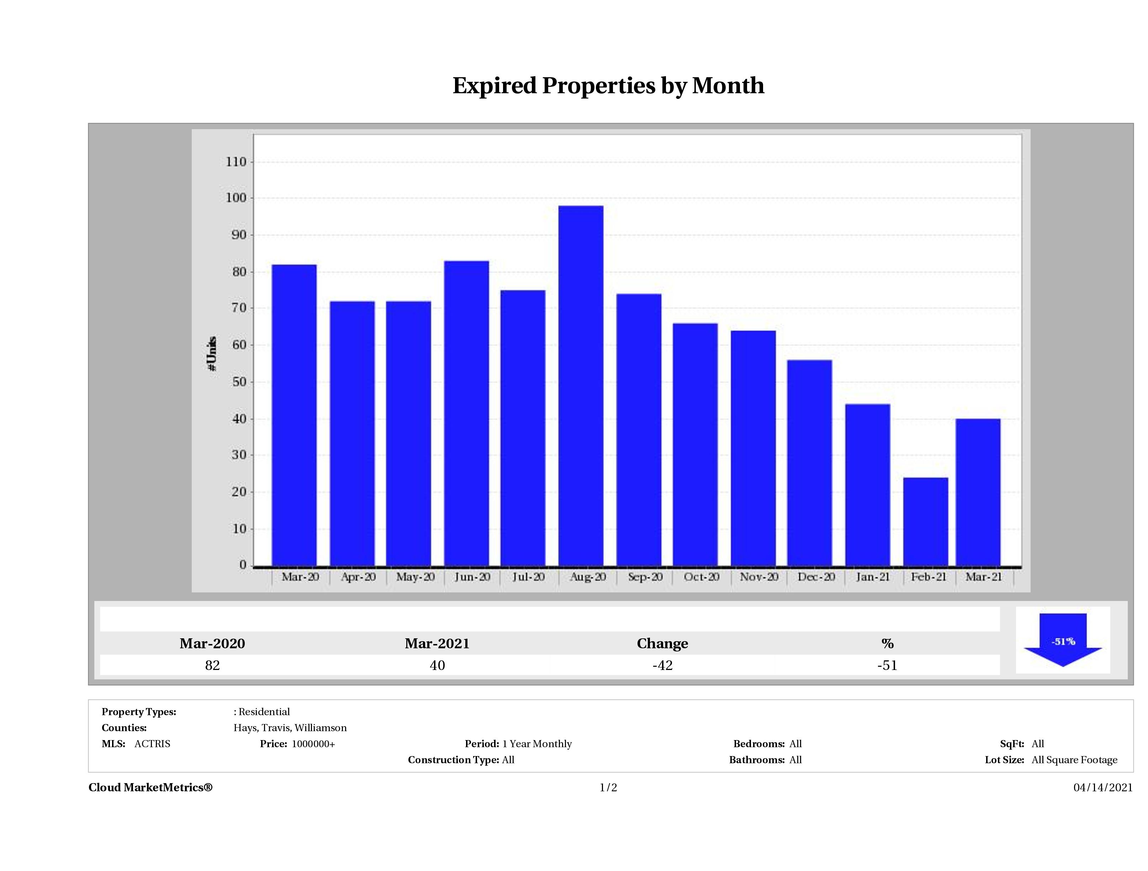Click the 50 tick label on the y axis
click(239, 382)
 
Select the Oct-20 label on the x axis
click(701, 577)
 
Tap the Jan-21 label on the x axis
click(873, 577)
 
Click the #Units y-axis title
click(212, 353)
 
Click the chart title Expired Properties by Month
click(608, 86)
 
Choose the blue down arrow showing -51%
click(1063, 640)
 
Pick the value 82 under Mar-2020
click(212, 665)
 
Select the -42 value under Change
click(662, 665)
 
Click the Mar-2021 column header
click(437, 643)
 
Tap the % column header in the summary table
click(888, 643)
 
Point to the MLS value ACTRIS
click(152, 744)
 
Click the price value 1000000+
click(313, 744)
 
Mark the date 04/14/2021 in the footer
click(1103, 787)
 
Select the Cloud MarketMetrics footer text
click(150, 787)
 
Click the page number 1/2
click(608, 787)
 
